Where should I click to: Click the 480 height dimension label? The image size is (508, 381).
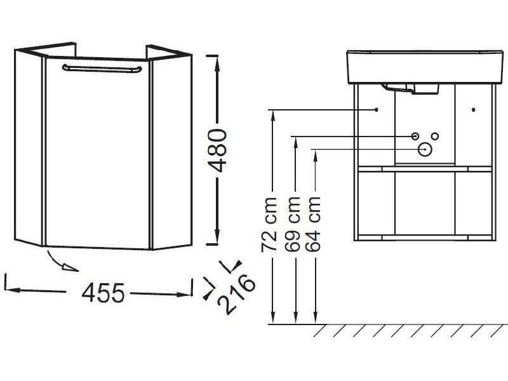pos(217,150)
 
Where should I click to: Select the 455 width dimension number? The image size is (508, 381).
pos(103,293)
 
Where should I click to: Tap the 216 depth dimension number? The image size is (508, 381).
pos(236,294)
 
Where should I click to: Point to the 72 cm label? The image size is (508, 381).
pos(269,224)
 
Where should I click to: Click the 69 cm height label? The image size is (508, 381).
pos(293,224)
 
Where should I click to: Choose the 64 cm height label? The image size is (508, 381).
pos(312,224)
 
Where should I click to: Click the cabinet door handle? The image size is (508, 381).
pos(102,69)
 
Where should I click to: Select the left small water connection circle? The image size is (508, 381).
pos(415,136)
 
